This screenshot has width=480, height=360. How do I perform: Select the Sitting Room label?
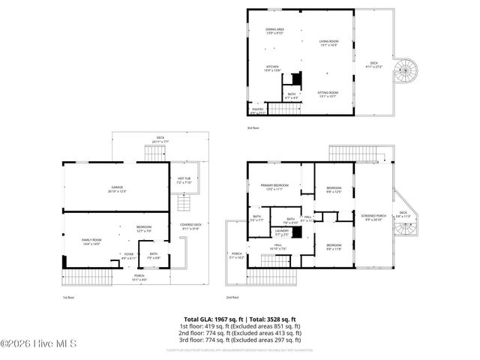[328, 94]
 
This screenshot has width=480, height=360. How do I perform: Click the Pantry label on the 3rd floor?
[257, 110]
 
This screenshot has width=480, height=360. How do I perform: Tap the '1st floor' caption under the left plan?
[69, 298]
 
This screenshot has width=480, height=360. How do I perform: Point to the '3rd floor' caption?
[253, 128]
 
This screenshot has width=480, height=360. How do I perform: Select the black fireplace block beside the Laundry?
[297, 232]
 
